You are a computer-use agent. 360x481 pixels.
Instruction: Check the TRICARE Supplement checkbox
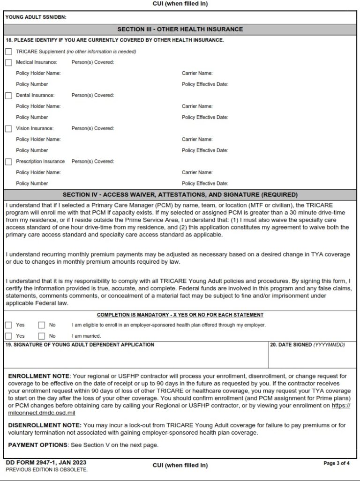[8, 52]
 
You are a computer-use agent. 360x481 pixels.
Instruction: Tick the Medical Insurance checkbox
[8, 62]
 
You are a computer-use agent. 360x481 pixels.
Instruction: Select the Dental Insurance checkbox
[8, 96]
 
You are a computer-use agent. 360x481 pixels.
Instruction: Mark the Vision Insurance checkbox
[8, 128]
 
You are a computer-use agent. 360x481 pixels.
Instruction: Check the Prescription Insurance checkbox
[8, 162]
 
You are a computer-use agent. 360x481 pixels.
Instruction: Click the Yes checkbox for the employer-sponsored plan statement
[8, 325]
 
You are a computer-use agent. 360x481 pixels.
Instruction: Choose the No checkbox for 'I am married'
[42, 336]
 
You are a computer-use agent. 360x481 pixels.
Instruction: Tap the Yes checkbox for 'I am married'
[8, 336]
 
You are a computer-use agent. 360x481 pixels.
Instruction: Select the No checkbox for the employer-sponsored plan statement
[42, 325]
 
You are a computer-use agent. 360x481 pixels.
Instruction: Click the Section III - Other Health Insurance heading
[180, 29]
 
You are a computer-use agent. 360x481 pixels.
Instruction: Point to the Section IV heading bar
[180, 194]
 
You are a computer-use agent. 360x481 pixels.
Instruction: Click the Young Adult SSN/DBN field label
[36, 17]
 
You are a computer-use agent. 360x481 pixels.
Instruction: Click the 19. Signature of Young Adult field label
[80, 345]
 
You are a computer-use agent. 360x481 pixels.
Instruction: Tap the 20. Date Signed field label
[307, 345]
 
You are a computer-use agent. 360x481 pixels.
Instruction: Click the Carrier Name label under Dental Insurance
[197, 106]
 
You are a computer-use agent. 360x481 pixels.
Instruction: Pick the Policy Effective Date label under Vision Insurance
[205, 150]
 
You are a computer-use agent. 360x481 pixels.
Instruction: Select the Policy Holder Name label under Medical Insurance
[38, 73]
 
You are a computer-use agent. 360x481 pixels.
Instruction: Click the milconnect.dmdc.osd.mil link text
[42, 413]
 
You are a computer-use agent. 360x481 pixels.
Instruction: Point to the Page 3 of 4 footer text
[337, 463]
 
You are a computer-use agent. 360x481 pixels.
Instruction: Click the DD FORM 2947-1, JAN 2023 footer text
[43, 463]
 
